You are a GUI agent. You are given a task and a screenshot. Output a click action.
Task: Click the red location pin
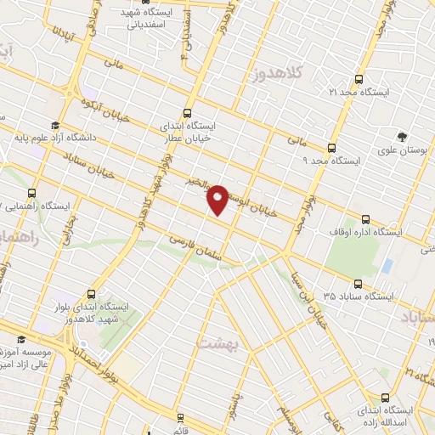click(x=218, y=200)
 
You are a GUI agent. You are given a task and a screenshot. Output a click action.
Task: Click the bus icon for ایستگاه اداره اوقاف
click(x=366, y=217)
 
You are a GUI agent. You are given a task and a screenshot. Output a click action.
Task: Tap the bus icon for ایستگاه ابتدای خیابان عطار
click(x=188, y=112)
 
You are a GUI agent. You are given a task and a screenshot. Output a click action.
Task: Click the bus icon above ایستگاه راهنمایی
click(x=32, y=193)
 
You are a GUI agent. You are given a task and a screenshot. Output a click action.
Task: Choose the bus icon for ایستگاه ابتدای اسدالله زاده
click(x=384, y=397)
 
